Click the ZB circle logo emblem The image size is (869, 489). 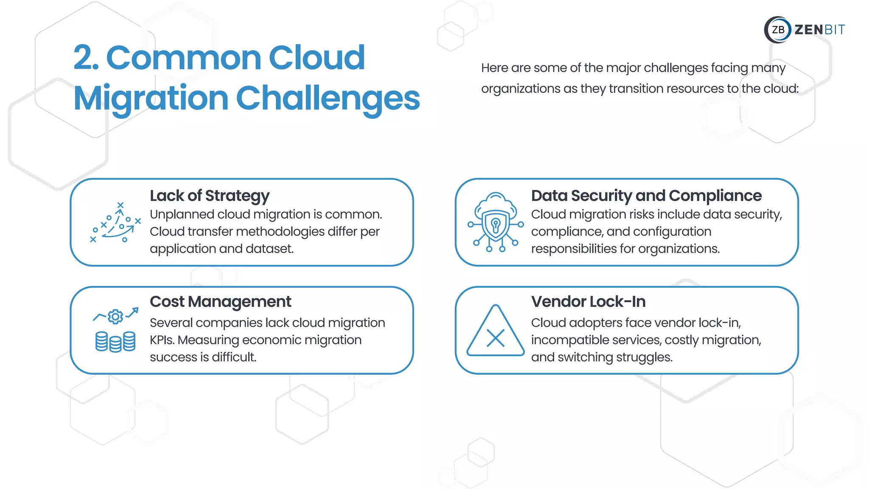(778, 30)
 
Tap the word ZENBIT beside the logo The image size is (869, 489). (819, 30)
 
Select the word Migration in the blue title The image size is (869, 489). (151, 98)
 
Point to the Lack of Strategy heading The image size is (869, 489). (210, 196)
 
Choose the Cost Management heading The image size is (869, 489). (220, 302)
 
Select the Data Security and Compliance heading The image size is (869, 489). (646, 196)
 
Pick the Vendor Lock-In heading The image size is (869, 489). (588, 302)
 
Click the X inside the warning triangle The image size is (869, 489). (496, 338)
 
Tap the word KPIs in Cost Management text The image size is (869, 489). (162, 340)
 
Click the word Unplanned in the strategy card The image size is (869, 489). (182, 215)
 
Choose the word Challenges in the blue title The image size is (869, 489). (328, 98)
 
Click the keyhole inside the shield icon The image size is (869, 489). (495, 223)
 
